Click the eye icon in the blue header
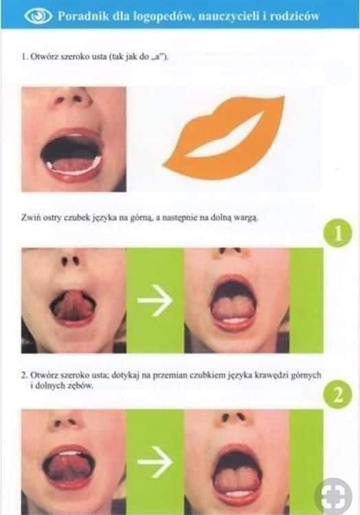38,16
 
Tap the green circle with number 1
338,233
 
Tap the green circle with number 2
338,394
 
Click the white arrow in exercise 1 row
155,300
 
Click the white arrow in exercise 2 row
155,461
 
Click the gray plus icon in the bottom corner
333,496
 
